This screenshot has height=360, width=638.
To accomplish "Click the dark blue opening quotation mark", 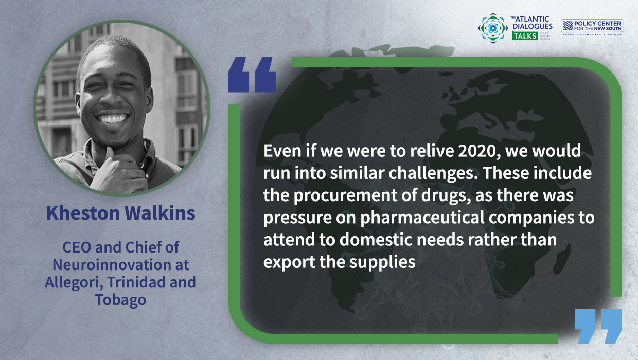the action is tap(252, 75).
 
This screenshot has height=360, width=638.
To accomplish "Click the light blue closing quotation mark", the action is tap(598, 326).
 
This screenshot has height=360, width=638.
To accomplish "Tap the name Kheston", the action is tap(83, 213).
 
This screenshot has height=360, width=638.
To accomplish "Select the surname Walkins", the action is tap(160, 213).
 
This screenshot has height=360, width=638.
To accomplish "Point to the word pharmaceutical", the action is tap(422, 218).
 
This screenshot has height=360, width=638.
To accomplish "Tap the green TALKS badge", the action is tap(525, 36).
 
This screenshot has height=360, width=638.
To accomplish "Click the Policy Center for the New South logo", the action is tap(592, 27).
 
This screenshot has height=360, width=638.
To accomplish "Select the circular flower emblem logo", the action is tap(493, 28).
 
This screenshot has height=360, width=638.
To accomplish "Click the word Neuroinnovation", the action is tap(120, 265).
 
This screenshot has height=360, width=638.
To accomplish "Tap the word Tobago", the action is tap(120, 300).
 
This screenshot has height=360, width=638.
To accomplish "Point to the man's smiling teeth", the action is tap(113, 118).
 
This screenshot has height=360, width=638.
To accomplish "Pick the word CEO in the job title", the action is tap(77, 247).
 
